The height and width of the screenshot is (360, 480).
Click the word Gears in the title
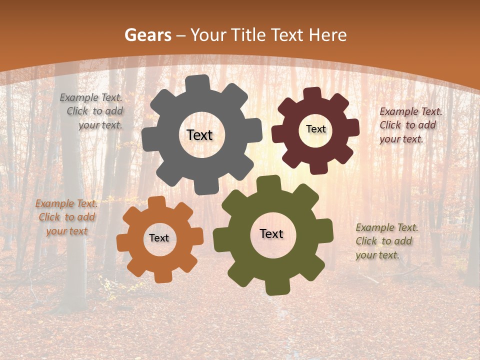147,35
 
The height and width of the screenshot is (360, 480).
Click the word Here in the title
327,35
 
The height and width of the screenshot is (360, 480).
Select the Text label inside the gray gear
199,135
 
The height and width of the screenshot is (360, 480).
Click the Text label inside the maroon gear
315,129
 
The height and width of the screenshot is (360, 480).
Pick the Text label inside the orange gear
159,238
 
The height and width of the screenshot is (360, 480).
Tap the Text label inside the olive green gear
271,233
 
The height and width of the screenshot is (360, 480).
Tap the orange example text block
67,217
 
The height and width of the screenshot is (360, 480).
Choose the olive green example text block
386,241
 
